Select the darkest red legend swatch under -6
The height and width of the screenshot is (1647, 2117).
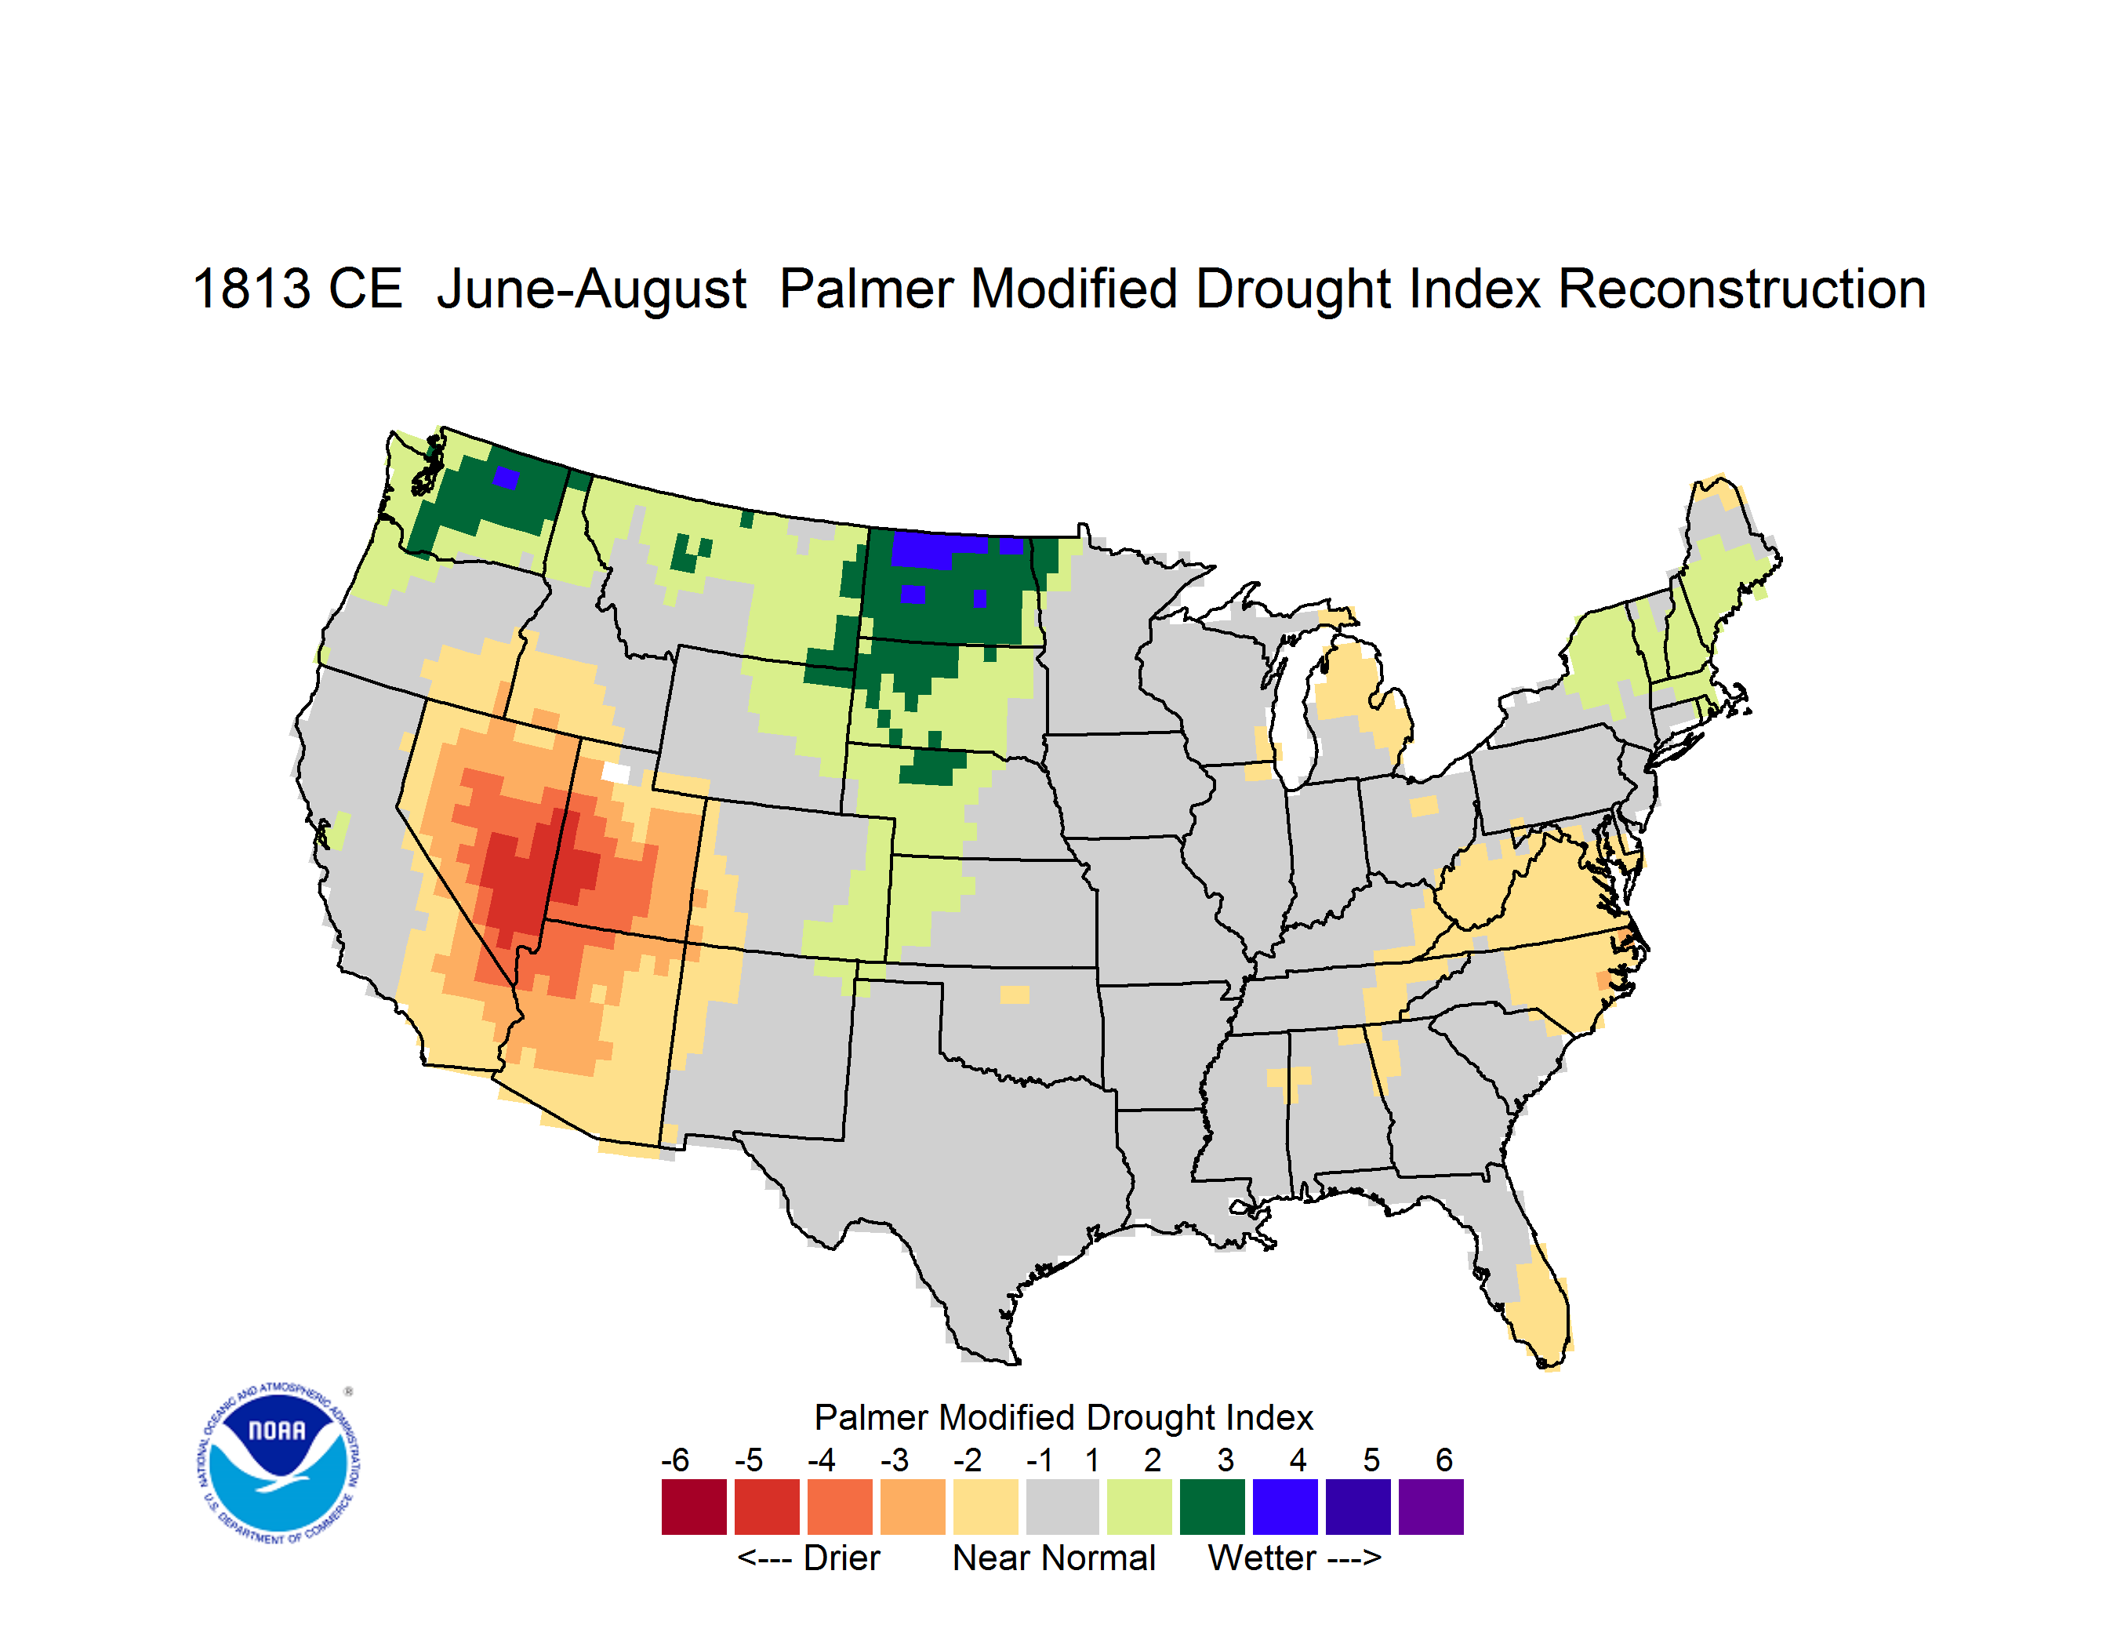tap(694, 1507)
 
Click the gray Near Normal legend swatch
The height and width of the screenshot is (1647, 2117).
tap(1062, 1507)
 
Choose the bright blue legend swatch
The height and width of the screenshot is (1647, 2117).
tap(1285, 1507)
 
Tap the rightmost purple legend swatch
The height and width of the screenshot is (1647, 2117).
tap(1431, 1507)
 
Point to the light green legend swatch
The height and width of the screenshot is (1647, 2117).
tap(1139, 1507)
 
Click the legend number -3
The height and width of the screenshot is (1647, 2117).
tap(895, 1460)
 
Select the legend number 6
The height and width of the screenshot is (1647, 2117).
tap(1444, 1460)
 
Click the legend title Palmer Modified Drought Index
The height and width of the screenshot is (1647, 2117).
tap(1063, 1417)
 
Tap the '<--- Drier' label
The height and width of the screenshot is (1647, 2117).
tap(808, 1558)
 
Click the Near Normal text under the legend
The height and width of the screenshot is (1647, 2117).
tap(1054, 1558)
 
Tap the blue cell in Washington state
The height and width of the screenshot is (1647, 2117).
tap(506, 478)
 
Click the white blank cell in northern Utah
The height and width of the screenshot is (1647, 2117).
tap(615, 773)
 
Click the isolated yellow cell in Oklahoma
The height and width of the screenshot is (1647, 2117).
tap(1014, 994)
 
